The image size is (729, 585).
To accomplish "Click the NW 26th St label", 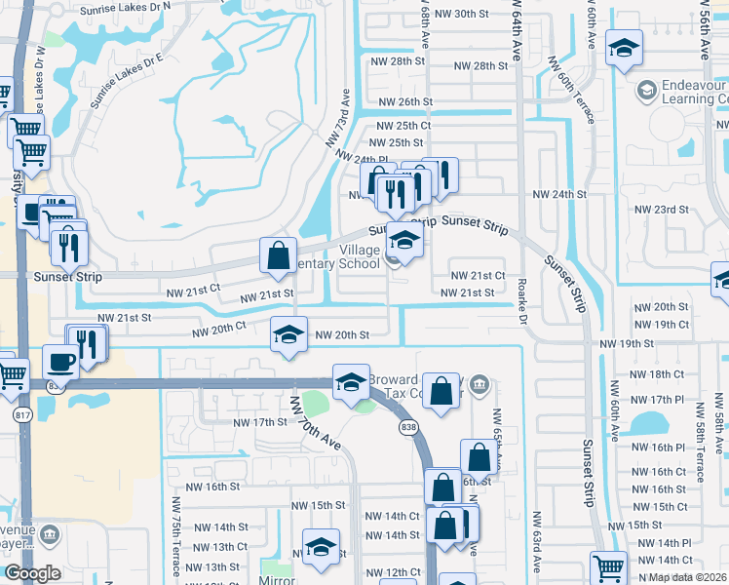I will (404, 101).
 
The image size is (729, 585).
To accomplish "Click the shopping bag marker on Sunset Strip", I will (278, 256).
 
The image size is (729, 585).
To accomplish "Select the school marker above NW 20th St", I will (288, 334).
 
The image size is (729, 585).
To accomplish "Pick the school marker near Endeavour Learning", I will (623, 49).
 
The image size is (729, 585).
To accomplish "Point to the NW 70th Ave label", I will (315, 422).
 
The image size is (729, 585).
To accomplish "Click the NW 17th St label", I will (259, 422).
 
